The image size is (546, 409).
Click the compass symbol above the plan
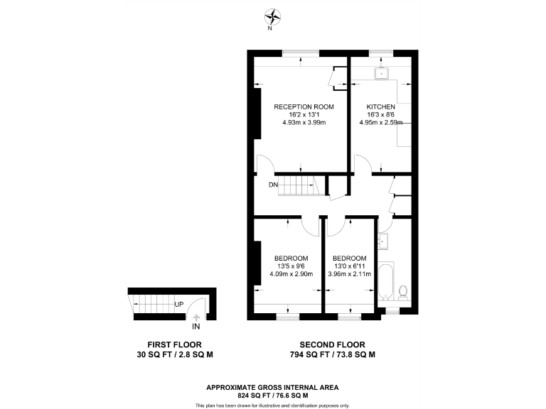coord(272,16)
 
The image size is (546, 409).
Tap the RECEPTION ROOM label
coord(304,107)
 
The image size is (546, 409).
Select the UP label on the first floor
coord(180,305)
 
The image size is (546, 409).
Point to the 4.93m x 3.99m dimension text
coord(304,123)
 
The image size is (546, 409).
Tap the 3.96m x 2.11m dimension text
coord(349,273)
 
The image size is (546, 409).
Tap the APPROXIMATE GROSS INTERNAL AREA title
coord(272,387)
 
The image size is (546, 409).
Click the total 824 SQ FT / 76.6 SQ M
coord(272,395)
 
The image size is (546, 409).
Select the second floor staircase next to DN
coord(299,187)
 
